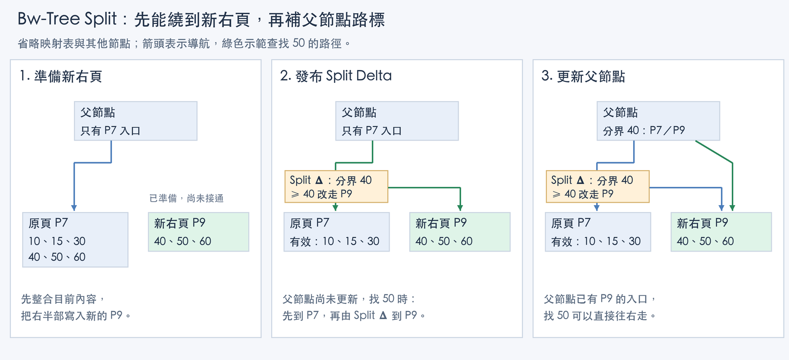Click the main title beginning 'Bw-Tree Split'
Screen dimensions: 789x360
(x=201, y=19)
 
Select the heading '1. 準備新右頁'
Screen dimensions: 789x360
(x=61, y=76)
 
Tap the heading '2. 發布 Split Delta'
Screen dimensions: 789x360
(x=336, y=76)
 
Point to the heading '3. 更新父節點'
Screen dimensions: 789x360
(x=583, y=76)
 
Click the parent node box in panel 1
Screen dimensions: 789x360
(x=136, y=121)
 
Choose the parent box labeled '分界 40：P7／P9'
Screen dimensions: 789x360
(x=658, y=121)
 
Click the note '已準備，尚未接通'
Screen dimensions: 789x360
(x=186, y=198)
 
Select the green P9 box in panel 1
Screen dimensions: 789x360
(x=199, y=232)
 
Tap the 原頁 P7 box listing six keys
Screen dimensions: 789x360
(x=75, y=240)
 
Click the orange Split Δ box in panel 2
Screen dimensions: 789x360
(x=336, y=187)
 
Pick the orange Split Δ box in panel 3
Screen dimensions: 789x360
(x=598, y=187)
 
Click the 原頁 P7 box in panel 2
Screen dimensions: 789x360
(x=337, y=232)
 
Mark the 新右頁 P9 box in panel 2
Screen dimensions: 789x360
(x=460, y=232)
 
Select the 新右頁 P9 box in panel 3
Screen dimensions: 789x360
(x=721, y=232)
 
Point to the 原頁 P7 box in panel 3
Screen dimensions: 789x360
(x=598, y=232)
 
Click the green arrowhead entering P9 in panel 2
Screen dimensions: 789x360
(x=460, y=208)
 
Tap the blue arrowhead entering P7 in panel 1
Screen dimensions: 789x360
(x=74, y=208)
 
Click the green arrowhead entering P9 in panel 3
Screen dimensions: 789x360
(x=732, y=208)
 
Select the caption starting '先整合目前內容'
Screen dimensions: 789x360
(x=76, y=307)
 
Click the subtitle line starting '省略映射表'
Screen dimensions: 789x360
(x=184, y=43)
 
